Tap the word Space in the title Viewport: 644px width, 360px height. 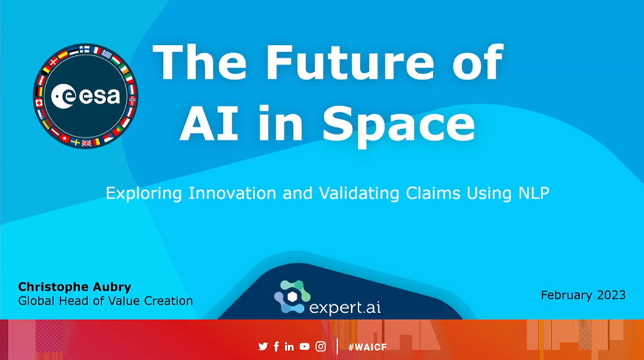(399, 124)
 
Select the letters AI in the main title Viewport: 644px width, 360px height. (208, 123)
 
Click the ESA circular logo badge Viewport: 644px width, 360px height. (86, 96)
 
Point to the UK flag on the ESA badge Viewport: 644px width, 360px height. (86, 143)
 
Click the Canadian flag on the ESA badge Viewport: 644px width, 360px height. (39, 103)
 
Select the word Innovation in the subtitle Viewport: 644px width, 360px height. (232, 193)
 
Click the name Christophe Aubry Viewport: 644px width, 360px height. (75, 287)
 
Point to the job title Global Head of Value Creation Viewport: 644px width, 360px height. (105, 301)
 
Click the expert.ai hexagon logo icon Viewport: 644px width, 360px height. (292, 297)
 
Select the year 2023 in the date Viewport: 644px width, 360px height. (611, 295)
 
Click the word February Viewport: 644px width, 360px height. (567, 296)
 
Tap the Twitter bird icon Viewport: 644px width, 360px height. (263, 347)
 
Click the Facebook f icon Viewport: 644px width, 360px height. (276, 347)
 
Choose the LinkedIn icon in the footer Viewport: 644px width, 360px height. (289, 347)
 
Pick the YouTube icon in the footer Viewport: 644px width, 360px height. (304, 347)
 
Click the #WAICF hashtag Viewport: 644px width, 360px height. (367, 347)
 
